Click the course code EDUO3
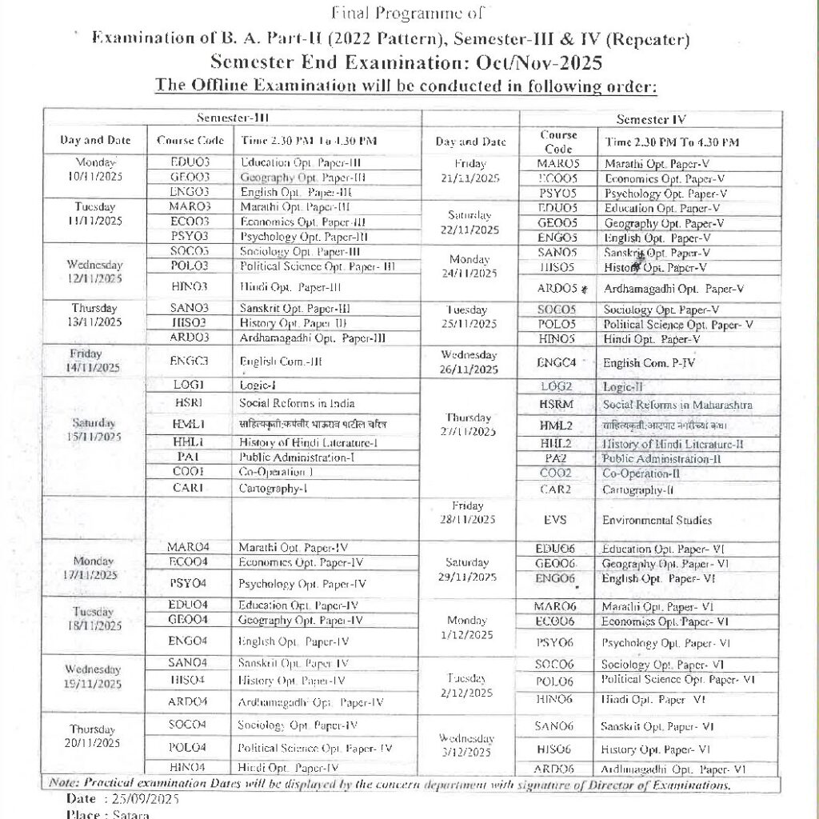190,162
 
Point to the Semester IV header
652,119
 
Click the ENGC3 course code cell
190,361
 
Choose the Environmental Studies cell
657,521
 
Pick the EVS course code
555,520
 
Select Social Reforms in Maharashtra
677,405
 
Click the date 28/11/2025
468,521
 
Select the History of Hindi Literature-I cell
309,442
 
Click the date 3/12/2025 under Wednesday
467,753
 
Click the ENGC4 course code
557,362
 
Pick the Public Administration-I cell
297,457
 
